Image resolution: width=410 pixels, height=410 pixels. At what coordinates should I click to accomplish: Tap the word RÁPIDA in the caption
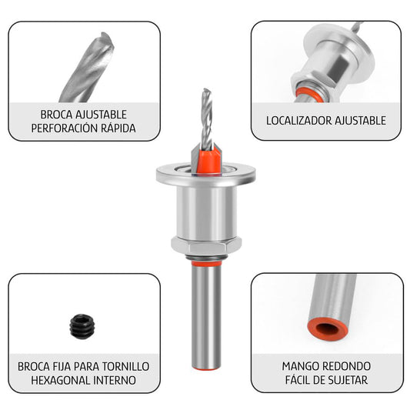point(118,128)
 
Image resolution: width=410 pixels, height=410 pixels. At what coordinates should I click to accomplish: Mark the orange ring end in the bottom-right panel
point(328,328)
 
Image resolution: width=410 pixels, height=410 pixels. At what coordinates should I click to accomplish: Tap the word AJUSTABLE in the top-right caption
point(361,121)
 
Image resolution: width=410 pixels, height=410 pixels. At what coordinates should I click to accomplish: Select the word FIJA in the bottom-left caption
point(63,365)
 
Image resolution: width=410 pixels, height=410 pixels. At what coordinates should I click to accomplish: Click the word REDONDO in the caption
point(346,365)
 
